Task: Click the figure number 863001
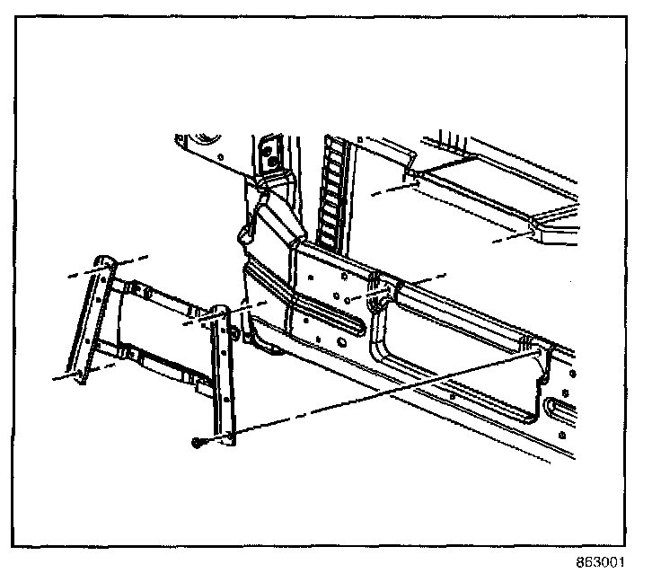tap(599, 563)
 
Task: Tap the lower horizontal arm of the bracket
tap(153, 359)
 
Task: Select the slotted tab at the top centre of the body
tap(268, 153)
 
